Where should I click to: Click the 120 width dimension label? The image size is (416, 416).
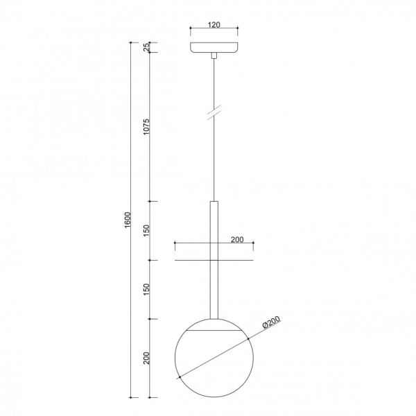(x=214, y=25)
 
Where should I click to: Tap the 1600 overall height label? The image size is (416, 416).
(x=128, y=220)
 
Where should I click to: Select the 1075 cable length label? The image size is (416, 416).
(x=146, y=127)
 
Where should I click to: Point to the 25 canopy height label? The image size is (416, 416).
(x=146, y=47)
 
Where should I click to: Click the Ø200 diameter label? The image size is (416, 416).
(x=271, y=322)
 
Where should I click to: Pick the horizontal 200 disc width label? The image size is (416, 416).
(x=237, y=240)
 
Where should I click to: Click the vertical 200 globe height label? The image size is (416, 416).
(x=146, y=358)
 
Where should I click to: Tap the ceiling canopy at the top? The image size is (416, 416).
(x=214, y=47)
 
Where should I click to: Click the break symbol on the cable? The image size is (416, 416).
(x=214, y=112)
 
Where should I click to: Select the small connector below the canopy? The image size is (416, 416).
(x=214, y=55)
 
